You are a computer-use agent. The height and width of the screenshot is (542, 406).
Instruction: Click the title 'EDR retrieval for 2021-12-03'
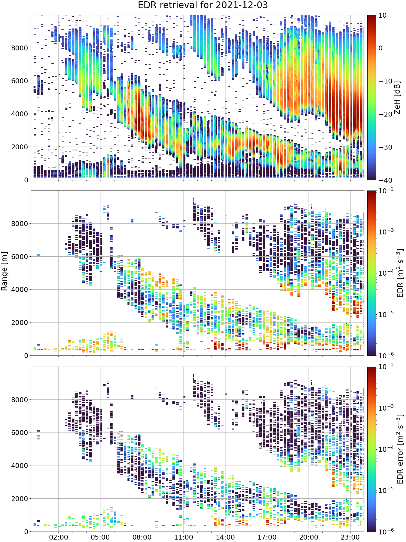pos(203,5)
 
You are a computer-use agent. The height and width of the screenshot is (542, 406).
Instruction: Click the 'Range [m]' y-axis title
pos(4,271)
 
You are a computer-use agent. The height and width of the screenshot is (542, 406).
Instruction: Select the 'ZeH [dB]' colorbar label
pos(397,98)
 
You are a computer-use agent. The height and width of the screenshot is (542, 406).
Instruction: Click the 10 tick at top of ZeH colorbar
pos(382,15)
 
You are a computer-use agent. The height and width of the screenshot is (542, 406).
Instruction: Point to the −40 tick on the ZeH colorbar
pos(385,180)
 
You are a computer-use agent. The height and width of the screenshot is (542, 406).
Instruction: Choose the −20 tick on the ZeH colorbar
pos(385,114)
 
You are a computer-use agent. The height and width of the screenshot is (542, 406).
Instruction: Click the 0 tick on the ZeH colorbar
pos(381,48)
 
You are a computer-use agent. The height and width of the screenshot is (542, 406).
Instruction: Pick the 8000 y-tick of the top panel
pos(19,48)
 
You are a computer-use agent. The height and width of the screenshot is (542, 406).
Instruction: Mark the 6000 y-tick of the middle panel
pos(19,257)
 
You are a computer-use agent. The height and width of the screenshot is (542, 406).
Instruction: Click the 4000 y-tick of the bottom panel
pos(19,466)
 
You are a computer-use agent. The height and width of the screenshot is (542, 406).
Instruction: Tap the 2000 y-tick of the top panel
pos(19,147)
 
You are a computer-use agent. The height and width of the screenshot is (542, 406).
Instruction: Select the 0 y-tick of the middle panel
pos(26,356)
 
